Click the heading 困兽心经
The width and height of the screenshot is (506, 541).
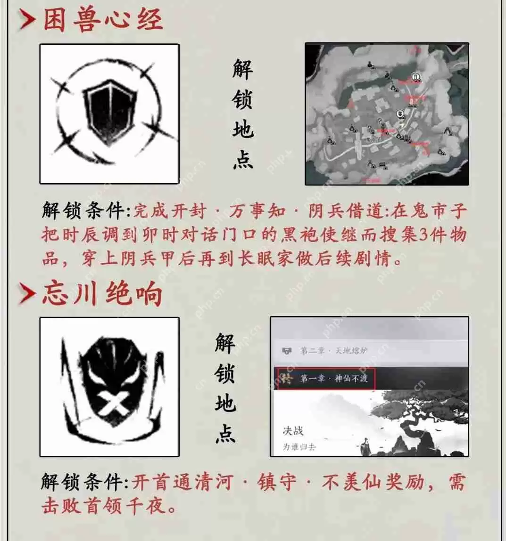pos(103,20)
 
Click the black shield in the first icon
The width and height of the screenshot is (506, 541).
pos(109,113)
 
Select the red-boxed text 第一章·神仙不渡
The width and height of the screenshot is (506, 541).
pos(326,378)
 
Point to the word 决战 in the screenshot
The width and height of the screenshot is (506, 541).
pos(293,430)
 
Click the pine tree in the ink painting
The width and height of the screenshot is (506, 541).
pos(424,400)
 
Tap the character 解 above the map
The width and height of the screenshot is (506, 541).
pos(242,70)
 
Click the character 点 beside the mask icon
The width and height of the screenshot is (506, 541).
pos(225,433)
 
